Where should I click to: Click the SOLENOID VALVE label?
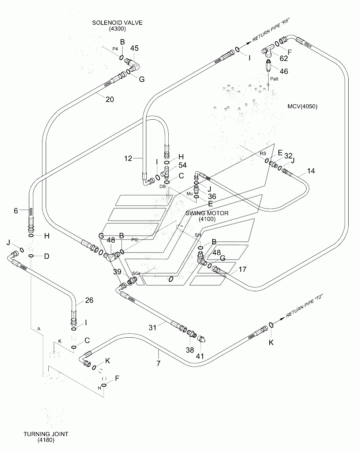117,23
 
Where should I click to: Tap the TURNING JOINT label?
46,434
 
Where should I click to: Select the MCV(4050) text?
302,106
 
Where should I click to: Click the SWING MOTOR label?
207,213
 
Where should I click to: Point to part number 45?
134,48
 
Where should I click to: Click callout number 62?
284,59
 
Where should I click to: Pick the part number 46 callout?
284,71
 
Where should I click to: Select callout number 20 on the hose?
110,99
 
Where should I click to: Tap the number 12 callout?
128,158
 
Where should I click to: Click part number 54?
183,165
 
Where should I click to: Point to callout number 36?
212,196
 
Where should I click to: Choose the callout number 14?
311,171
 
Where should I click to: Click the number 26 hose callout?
89,300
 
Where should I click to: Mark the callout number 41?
200,356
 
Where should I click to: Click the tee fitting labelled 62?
268,50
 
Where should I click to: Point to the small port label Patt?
274,79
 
